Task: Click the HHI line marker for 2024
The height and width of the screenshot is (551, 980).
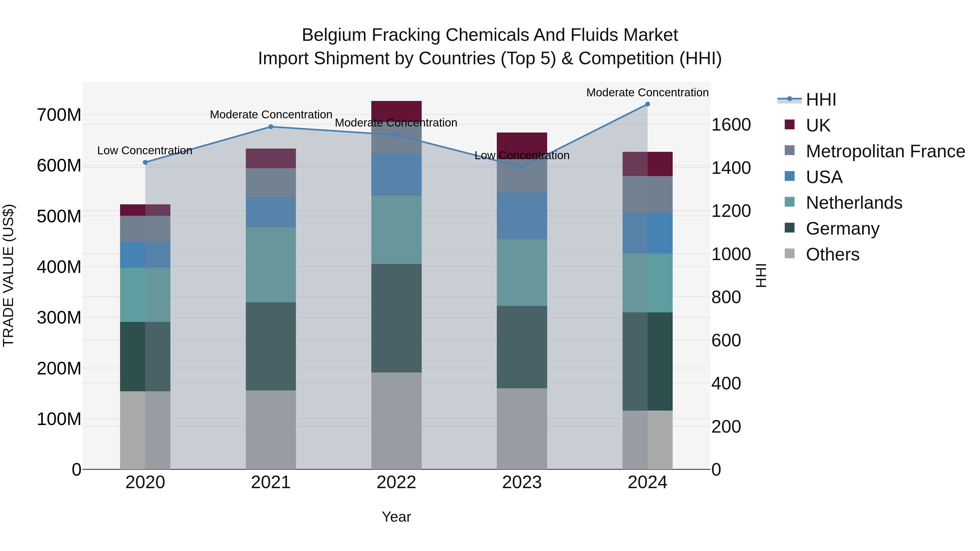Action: (648, 104)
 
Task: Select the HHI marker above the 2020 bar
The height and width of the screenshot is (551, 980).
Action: (145, 162)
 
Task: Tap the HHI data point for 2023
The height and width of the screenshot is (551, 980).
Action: (522, 167)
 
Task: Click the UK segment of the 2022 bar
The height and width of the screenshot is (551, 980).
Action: (396, 111)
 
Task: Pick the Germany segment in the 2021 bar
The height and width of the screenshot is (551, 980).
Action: (271, 346)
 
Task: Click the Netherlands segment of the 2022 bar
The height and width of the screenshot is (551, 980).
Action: (396, 230)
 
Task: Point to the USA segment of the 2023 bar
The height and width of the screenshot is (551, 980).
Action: (522, 216)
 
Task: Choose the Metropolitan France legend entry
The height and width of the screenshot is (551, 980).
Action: (885, 151)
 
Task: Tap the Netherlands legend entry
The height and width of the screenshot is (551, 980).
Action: (854, 203)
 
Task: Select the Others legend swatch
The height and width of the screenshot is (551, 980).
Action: (790, 254)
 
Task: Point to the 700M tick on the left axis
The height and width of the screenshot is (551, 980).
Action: (59, 115)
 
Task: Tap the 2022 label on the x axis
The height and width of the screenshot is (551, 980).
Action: (396, 482)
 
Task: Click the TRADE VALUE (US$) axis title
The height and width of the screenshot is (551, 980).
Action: (8, 275)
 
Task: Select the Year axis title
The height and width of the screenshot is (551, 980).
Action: (396, 517)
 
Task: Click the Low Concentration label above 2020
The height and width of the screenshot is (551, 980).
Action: (145, 150)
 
